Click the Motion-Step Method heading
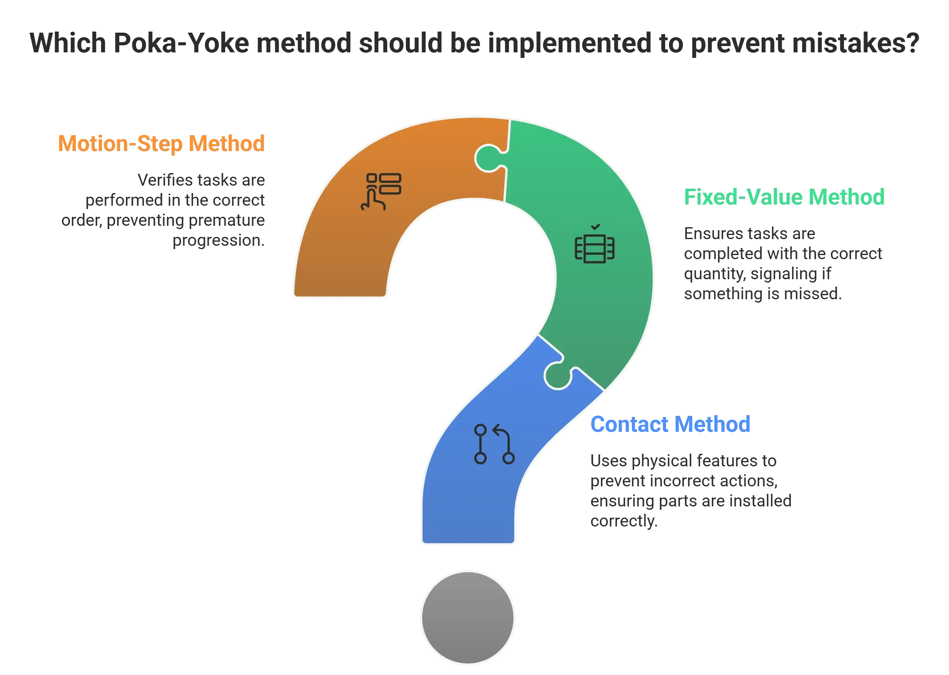click(161, 144)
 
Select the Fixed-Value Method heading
click(784, 197)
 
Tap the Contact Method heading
click(670, 424)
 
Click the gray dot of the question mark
click(468, 618)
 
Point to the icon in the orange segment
click(381, 192)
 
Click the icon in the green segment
click(594, 244)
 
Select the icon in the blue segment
click(494, 444)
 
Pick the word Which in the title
click(68, 43)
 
